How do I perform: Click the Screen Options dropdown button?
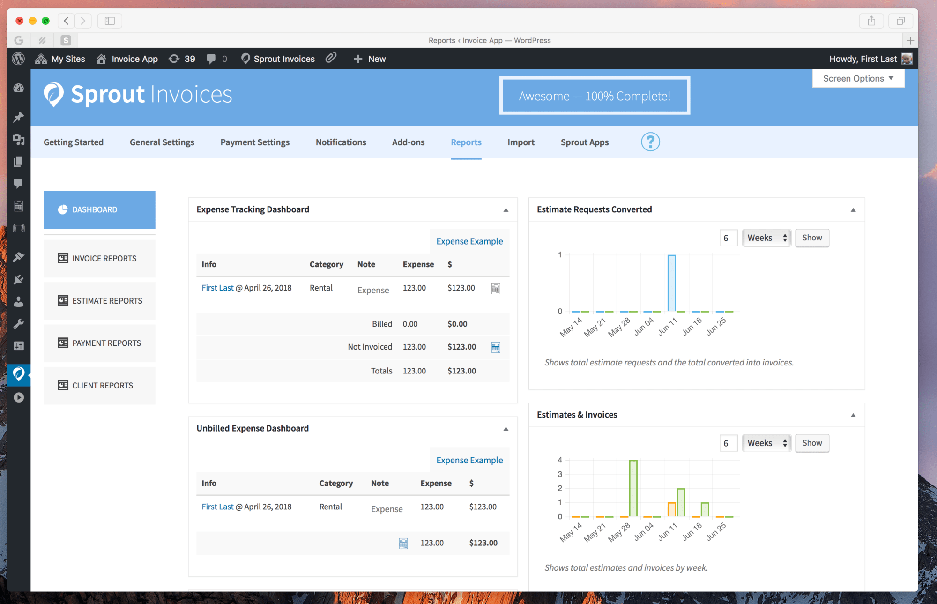pos(858,78)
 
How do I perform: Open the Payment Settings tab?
pos(255,142)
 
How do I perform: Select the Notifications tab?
pos(341,142)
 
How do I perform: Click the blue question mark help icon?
pos(650,142)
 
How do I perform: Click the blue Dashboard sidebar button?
pos(99,209)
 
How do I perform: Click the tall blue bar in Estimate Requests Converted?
pos(671,283)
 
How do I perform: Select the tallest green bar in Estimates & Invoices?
pos(633,488)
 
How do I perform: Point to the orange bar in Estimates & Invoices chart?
pos(671,509)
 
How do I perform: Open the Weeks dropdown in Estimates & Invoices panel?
pos(766,443)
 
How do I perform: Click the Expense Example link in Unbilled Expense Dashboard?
pos(469,460)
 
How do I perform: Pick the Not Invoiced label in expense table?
pos(370,347)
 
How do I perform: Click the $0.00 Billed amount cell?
pos(457,324)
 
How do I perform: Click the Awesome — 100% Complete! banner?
pos(595,96)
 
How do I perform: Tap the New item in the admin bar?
pos(370,59)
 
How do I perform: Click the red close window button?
pos(20,21)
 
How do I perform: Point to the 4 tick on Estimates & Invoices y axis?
pos(559,460)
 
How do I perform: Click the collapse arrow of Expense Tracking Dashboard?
pos(506,210)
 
